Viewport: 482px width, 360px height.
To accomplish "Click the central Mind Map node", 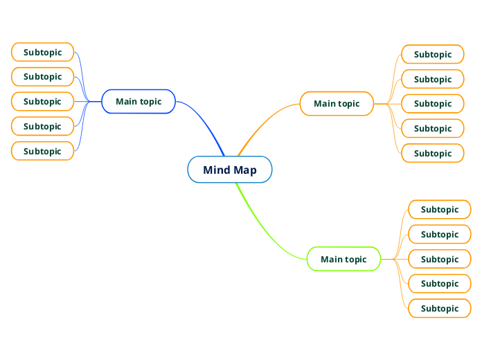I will pos(229,170).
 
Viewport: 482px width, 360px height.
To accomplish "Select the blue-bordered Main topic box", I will pos(139,101).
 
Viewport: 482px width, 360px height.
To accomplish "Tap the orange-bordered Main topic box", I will pos(337,104).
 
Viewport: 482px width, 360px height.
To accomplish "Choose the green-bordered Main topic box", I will pos(343,259).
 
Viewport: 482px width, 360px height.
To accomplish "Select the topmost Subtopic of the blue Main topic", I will pos(43,52).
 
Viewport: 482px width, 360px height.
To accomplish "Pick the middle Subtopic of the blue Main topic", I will pos(43,101).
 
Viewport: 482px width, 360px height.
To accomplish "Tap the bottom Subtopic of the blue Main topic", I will pos(43,151).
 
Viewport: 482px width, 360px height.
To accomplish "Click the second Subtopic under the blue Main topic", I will pos(43,76).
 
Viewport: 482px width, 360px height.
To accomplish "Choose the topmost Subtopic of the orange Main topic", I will pos(433,54).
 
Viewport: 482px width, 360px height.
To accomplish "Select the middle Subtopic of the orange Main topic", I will pos(433,104).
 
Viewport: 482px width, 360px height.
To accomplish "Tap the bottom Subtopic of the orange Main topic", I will pos(433,153).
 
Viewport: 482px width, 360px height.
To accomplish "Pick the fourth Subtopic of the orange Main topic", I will pos(433,128).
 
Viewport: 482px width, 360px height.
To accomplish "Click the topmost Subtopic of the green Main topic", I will pos(440,209).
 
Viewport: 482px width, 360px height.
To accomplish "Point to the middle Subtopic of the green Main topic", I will pos(440,259).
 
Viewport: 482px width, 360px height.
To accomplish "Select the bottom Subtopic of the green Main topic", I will pos(440,308).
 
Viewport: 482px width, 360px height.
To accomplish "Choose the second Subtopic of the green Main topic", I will pos(440,234).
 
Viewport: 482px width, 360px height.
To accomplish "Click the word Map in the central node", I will pos(244,170).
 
